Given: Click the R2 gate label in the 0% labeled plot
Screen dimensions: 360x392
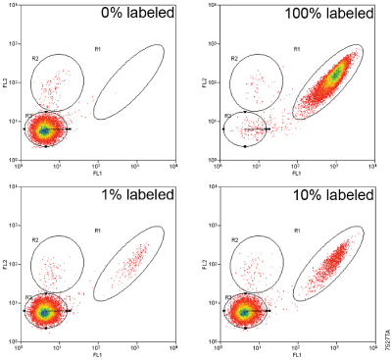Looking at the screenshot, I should tap(35, 58).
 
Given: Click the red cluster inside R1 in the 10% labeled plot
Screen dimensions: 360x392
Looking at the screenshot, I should tap(334, 259).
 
